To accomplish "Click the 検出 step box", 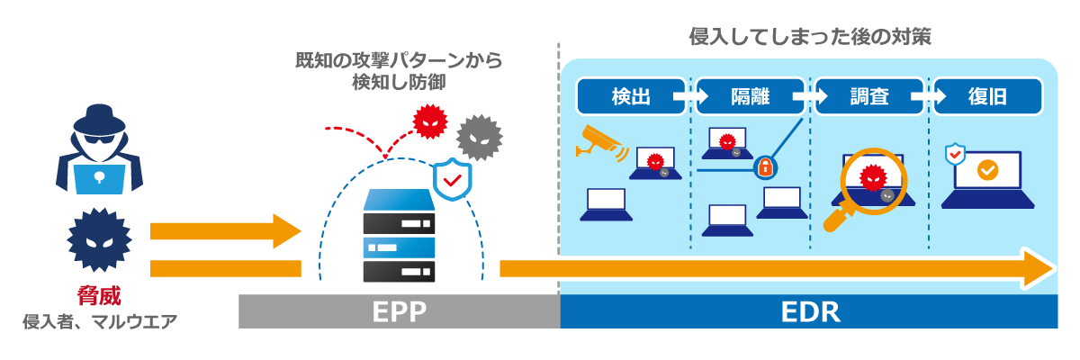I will (x=630, y=95).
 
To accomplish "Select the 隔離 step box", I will (x=750, y=95).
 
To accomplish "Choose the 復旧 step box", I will (x=987, y=95).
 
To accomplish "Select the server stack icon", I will (x=399, y=236).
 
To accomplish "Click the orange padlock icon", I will (x=764, y=166).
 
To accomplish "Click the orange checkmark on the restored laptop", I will (x=987, y=170).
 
